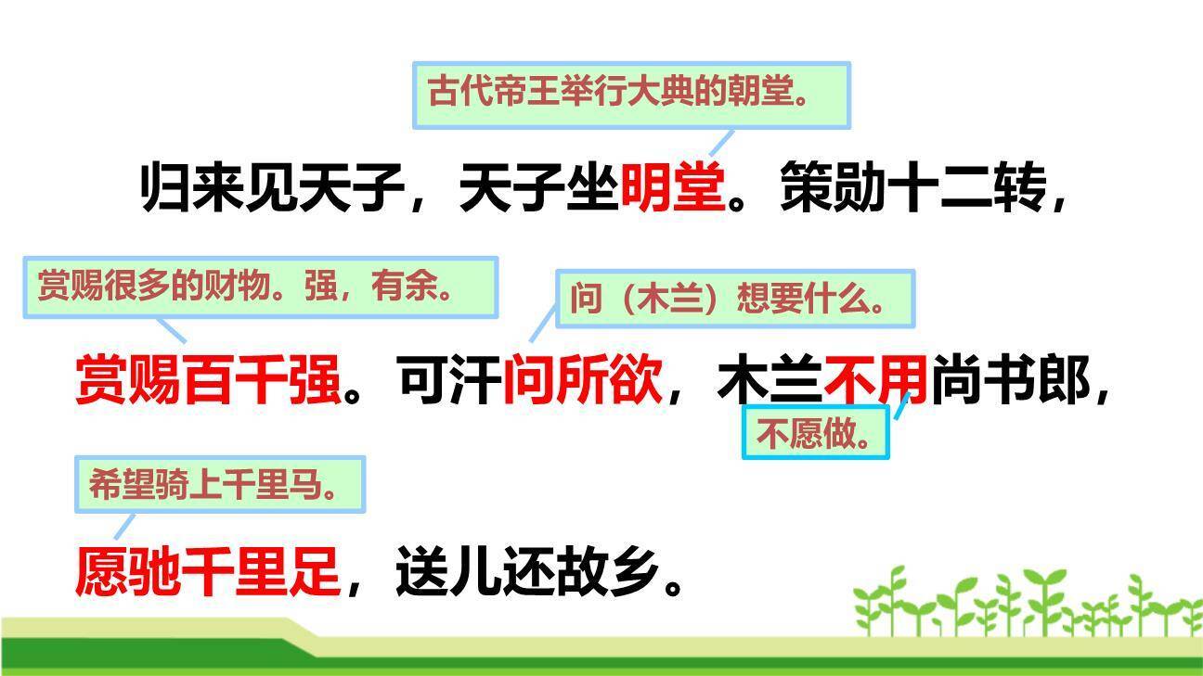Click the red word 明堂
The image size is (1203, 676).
point(673,186)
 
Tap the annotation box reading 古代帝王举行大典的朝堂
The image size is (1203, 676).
point(631,96)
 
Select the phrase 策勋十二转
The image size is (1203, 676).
point(913,186)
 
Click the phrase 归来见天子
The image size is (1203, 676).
point(272,186)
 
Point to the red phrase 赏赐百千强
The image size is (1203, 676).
point(208,379)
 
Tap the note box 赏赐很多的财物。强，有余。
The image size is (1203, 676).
point(261,287)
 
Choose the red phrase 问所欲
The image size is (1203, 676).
point(583,379)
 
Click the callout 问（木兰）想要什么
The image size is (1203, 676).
point(735,299)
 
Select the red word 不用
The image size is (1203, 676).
point(876,379)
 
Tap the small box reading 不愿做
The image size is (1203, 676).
point(815,432)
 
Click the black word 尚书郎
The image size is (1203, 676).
point(1011,379)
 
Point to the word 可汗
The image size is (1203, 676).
point(450,379)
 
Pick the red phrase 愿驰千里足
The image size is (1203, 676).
point(208,571)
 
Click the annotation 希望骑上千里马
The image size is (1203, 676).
point(220,484)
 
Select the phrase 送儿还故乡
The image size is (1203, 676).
point(528,571)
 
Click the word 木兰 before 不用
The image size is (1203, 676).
point(770,379)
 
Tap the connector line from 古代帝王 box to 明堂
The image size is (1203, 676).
point(721,143)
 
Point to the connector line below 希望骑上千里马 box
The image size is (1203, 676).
point(124,527)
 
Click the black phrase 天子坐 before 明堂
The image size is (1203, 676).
point(538,186)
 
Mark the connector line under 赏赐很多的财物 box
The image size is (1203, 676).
point(172,330)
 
